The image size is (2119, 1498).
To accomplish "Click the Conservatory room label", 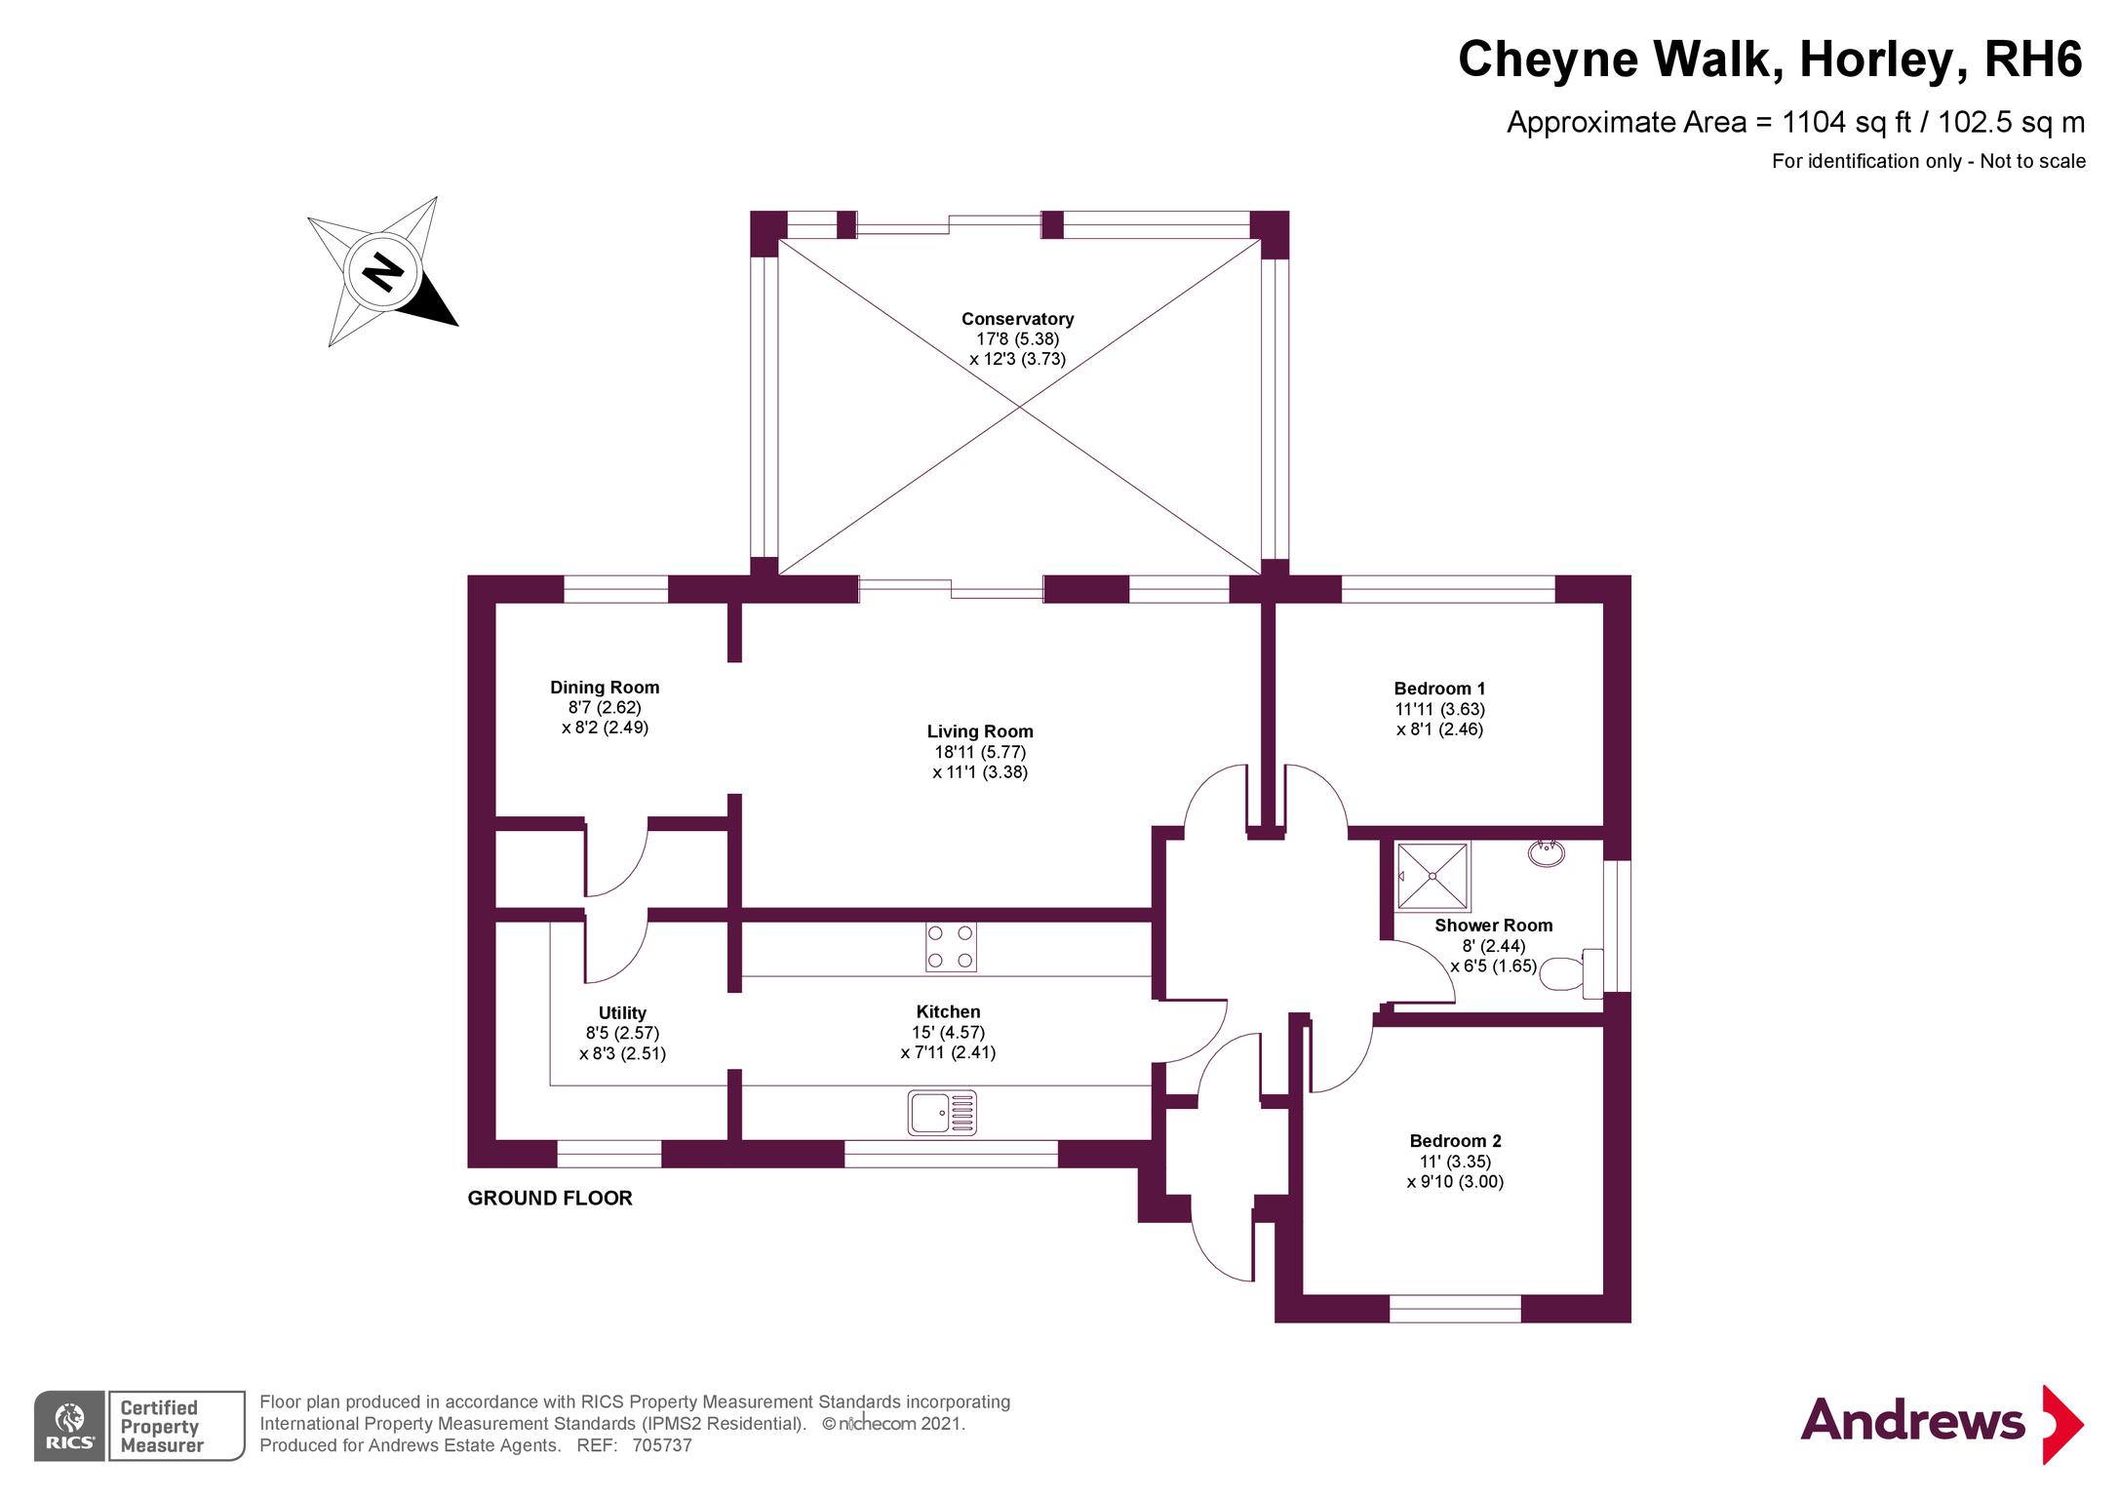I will (1017, 319).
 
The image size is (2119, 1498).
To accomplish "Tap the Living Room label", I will (980, 731).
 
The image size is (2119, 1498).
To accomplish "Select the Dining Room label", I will (605, 688).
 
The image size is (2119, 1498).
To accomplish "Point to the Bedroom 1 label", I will (1439, 689).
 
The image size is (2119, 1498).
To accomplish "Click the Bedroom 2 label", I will (1455, 1141).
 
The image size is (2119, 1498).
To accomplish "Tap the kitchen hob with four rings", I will (951, 947).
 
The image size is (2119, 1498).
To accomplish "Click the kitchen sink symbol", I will (942, 1113).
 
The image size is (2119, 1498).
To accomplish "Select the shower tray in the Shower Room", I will (1432, 876).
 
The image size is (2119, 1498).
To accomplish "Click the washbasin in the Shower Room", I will (1547, 853).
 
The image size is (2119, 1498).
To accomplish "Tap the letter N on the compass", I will (382, 271).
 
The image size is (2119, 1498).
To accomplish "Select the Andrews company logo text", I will (1912, 1421).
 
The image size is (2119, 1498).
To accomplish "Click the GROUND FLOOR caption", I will (550, 1199).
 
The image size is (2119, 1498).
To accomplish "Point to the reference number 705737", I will (662, 1445).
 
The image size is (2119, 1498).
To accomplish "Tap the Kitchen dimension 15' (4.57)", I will (948, 1032).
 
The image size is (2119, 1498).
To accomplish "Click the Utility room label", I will (622, 1013).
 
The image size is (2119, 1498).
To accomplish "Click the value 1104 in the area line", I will (1814, 122).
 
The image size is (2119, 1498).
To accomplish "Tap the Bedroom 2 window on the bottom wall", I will (1454, 1309).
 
